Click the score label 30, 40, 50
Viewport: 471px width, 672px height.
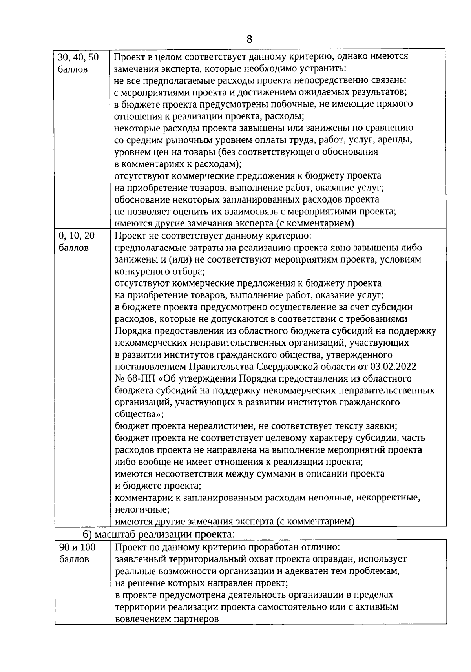78,57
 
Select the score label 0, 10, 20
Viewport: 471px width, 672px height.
77,236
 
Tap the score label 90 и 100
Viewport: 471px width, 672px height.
77,547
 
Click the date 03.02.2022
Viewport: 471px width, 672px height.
392,367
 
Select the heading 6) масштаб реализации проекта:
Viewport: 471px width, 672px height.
159,534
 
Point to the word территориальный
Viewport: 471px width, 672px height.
202,559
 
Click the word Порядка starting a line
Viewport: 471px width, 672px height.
133,331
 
